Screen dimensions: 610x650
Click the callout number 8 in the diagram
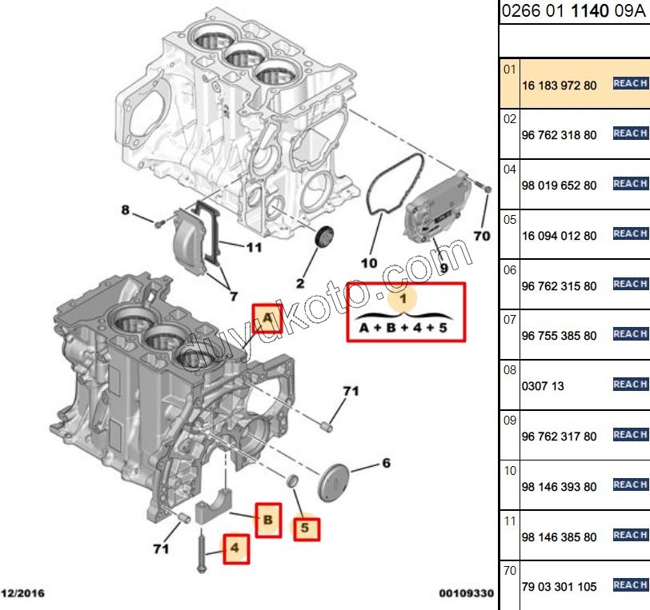125,210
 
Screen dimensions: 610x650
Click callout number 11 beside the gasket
253,247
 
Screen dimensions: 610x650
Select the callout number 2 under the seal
300,282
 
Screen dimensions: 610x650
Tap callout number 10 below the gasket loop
368,261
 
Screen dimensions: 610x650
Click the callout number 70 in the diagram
481,236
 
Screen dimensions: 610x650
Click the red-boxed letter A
267,321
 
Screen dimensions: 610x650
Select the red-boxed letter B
268,520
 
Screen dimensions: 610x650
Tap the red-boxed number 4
235,548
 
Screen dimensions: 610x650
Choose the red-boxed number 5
306,528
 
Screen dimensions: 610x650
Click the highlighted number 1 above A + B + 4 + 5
403,299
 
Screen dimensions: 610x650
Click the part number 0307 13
543,386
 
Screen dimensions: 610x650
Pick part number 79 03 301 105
559,587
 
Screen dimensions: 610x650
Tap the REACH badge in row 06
630,284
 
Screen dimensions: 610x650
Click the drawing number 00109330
466,594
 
